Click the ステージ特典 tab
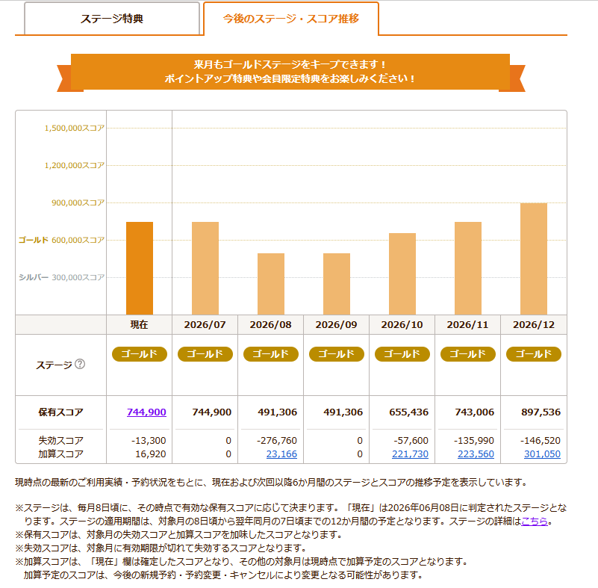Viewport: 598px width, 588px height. (x=112, y=19)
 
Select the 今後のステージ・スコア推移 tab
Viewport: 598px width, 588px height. (x=291, y=19)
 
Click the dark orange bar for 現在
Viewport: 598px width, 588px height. (x=140, y=268)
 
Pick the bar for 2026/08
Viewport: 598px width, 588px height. (x=271, y=284)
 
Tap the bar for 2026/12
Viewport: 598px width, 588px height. (x=534, y=259)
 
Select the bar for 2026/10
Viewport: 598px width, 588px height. (x=402, y=274)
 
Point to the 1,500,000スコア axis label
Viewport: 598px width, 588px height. (x=75, y=129)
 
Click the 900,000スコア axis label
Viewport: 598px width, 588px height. (x=78, y=202)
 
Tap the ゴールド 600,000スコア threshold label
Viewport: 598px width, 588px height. (x=61, y=240)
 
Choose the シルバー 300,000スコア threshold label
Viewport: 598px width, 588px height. (x=61, y=277)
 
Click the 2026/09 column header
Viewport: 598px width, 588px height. (x=337, y=325)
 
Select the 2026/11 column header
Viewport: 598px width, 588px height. (x=467, y=325)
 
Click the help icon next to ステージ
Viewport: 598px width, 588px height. (x=80, y=364)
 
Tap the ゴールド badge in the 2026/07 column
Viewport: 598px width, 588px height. (x=205, y=354)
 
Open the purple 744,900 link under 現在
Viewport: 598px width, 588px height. (x=146, y=412)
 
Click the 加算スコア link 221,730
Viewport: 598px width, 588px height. (x=410, y=454)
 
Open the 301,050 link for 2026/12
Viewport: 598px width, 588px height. (x=542, y=454)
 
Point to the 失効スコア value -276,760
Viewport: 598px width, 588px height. (x=277, y=441)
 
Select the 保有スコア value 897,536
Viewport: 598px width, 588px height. (x=541, y=412)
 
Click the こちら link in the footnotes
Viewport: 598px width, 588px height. (x=535, y=522)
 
